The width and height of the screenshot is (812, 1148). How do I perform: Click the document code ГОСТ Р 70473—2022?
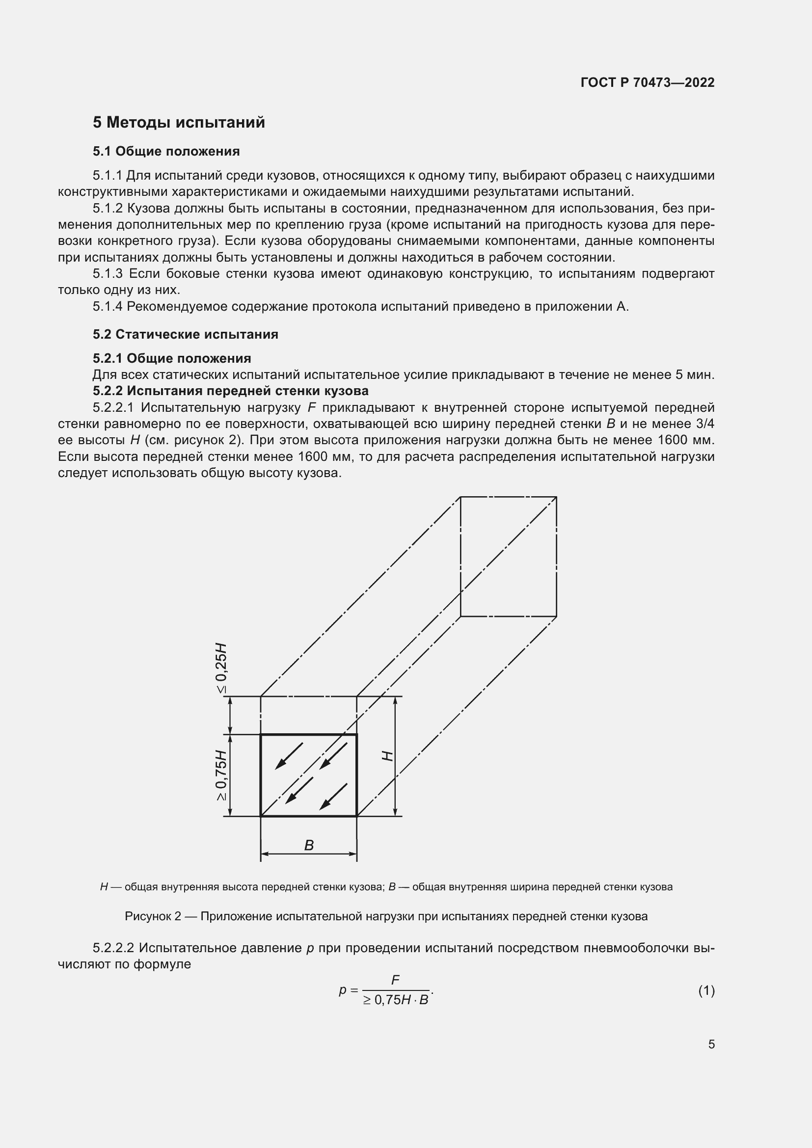[648, 82]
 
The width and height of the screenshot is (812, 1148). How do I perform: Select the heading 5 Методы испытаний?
[179, 123]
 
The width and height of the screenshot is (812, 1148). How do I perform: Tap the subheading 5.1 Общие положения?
[166, 152]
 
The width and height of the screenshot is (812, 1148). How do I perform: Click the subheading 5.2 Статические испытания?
[185, 334]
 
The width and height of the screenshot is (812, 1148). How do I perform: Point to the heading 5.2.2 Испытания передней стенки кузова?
[231, 391]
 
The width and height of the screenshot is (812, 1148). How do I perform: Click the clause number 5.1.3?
[108, 274]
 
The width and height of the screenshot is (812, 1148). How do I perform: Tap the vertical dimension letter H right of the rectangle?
[387, 755]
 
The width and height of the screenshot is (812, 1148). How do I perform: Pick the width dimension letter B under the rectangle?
[309, 846]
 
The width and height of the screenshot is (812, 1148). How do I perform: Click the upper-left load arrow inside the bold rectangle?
[289, 755]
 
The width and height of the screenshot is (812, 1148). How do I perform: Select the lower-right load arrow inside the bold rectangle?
[333, 797]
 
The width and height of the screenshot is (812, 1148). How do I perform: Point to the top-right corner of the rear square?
[557, 497]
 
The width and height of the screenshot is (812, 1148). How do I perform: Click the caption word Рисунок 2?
[153, 916]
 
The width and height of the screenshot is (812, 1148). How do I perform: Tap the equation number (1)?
[706, 990]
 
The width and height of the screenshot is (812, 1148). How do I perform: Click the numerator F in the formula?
[395, 981]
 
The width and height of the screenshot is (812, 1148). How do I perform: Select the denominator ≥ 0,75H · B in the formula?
[396, 1000]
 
